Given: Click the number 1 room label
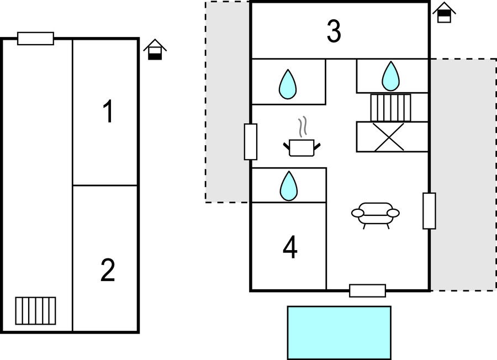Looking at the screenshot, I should [108, 112].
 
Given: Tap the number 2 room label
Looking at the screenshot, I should [108, 271].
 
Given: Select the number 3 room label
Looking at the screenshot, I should [334, 31].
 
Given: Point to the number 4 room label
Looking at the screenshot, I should [290, 248].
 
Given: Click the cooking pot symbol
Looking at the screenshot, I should [302, 147].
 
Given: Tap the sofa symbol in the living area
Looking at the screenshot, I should [376, 214].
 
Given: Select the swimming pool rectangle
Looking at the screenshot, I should [339, 332].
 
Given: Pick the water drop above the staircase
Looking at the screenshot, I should [391, 76].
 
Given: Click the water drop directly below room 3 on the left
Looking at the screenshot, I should [288, 84].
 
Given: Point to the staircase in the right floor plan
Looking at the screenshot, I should [391, 108].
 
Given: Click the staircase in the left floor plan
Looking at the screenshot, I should [35, 311].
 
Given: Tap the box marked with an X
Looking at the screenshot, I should [392, 136].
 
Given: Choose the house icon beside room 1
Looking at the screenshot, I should [155, 49].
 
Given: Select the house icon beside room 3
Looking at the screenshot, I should [444, 12].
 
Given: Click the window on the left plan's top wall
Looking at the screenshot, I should [35, 39].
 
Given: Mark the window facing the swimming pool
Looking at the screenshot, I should [367, 290].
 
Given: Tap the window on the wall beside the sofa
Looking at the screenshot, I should [429, 211].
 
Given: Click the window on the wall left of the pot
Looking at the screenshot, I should [251, 142].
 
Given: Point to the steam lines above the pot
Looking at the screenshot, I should [302, 126].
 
